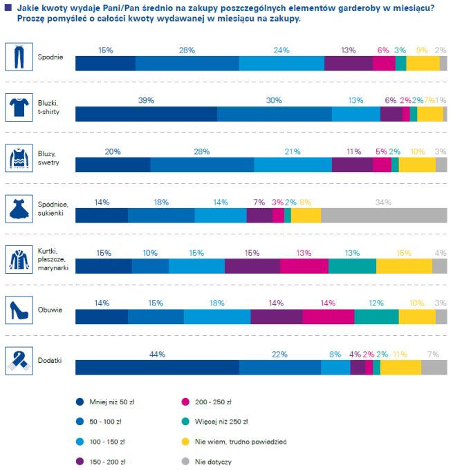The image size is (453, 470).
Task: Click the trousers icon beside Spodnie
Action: (19, 56)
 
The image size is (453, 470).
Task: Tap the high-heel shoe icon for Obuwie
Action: (19, 309)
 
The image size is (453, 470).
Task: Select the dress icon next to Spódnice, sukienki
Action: (19, 208)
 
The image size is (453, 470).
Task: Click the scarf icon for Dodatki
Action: (19, 359)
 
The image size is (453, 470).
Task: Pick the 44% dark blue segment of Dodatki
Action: (157, 367)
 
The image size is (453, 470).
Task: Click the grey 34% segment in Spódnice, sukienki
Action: (384, 216)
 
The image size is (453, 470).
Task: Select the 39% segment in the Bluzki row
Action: (146, 114)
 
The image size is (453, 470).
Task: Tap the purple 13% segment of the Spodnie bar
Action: (349, 63)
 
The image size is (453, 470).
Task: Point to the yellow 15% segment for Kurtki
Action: (404, 266)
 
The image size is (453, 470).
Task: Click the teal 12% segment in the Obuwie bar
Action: (376, 317)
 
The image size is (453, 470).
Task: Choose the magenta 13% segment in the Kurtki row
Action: (304, 266)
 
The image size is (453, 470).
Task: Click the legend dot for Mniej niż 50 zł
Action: (79, 401)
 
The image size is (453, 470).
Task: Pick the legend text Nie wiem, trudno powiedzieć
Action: (241, 440)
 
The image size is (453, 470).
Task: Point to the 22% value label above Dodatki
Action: (279, 355)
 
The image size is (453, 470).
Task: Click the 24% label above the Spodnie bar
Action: (281, 50)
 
